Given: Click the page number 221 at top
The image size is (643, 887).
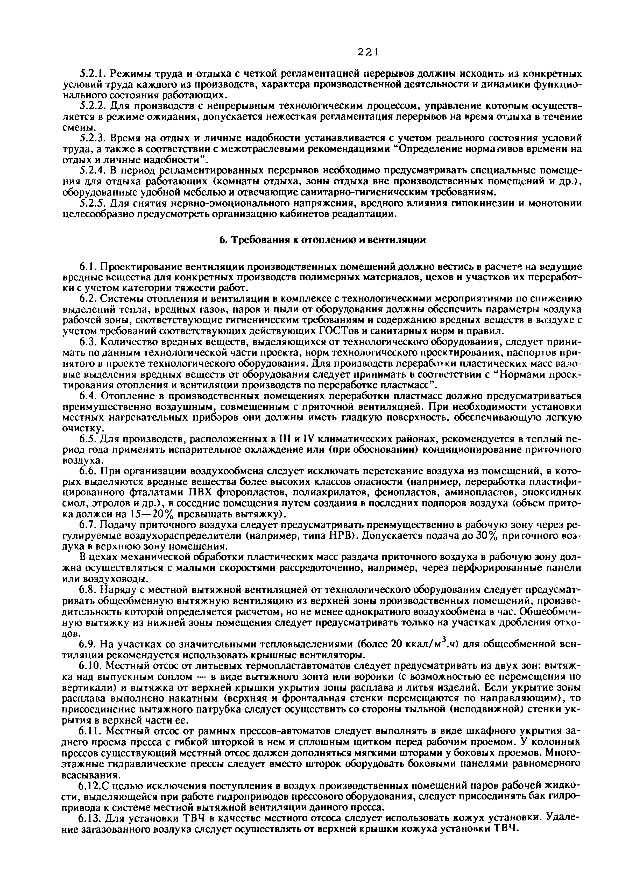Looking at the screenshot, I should pyautogui.click(x=368, y=52).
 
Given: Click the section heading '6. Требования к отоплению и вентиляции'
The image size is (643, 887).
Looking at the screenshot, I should pyautogui.click(x=322, y=240).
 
